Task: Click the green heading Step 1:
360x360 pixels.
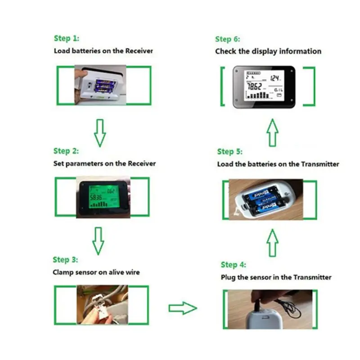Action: click(66, 38)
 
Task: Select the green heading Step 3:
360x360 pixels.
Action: click(65, 260)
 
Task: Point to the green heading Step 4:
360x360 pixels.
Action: click(233, 265)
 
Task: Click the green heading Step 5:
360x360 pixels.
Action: click(229, 152)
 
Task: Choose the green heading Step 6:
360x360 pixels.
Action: click(228, 39)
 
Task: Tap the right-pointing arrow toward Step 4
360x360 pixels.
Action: click(183, 308)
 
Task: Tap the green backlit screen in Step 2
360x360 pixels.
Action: click(104, 196)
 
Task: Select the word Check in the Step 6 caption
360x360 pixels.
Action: click(225, 51)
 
